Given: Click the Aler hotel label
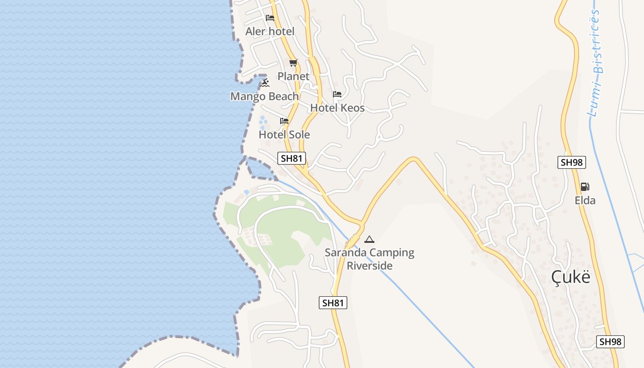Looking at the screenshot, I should point(270,31).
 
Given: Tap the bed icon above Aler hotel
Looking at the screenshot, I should point(270,18).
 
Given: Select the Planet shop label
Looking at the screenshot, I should point(293,76).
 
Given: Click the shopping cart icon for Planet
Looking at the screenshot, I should point(293,63).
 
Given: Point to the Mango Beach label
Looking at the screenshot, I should point(264,96).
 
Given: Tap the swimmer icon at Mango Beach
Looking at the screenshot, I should point(264,83).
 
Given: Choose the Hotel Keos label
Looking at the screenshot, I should point(337,108).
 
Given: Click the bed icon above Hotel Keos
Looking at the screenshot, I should point(337,94).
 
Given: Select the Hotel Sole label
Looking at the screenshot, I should point(284,134).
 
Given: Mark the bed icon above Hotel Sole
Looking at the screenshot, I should point(284,121).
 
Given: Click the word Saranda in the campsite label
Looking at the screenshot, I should point(345,253).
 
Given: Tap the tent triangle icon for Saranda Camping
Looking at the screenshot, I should point(369,239).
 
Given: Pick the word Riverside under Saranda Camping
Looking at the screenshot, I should point(369,266).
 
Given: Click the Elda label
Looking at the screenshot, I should point(585,200).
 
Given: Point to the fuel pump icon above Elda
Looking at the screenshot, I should point(585,187).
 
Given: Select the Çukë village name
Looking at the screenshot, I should point(570,277).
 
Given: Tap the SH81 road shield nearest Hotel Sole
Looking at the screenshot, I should point(292,158).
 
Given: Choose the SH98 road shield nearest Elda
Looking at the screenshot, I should point(571,162).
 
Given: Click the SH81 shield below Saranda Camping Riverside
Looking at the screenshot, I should point(333,303).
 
